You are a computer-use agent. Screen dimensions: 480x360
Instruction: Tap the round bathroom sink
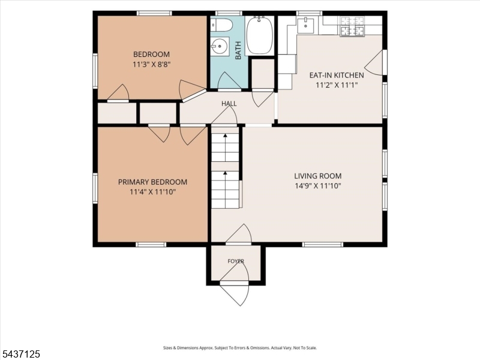tap(220, 47)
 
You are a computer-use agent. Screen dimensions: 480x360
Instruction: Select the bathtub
tap(260, 35)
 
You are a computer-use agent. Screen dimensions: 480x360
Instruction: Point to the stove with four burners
tap(352, 26)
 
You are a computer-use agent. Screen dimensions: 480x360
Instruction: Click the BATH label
tap(238, 50)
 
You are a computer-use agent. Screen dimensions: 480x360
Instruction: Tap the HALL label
tap(229, 103)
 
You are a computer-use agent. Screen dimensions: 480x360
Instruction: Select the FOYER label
tap(236, 261)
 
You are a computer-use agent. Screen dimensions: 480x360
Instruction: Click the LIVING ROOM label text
tap(318, 176)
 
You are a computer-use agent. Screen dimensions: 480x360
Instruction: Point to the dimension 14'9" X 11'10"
tap(318, 186)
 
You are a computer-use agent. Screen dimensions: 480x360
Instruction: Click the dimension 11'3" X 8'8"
tap(152, 64)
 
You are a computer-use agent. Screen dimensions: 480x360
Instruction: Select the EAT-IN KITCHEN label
tap(337, 75)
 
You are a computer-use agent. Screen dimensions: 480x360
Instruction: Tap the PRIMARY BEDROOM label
tap(152, 182)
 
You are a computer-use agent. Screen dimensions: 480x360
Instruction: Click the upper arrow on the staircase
tap(226, 148)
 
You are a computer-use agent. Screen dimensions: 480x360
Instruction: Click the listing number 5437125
tap(20, 354)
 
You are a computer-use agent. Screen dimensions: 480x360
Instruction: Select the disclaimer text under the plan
tap(239, 348)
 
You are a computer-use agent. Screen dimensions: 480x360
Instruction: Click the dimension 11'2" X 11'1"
tap(337, 85)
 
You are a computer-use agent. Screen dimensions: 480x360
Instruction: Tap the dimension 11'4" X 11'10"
tap(152, 192)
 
